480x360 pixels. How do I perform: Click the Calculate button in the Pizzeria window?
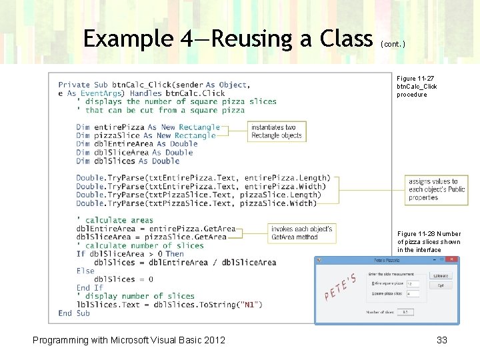[x=441, y=275]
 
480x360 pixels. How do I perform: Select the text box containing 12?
[x=413, y=283]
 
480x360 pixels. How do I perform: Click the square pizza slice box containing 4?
[x=413, y=293]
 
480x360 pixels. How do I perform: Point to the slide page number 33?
[x=441, y=340]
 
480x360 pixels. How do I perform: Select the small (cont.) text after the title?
[x=392, y=43]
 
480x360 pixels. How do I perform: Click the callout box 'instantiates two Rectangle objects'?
[x=277, y=131]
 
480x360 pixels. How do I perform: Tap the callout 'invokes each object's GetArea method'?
[x=302, y=233]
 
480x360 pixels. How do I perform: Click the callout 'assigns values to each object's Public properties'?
[x=437, y=189]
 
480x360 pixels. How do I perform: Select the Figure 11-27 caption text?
[x=417, y=87]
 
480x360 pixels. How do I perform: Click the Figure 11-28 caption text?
[x=429, y=242]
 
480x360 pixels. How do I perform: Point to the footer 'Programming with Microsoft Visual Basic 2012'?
[x=129, y=340]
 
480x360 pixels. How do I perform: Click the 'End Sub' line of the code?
[x=74, y=313]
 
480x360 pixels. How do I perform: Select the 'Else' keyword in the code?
[x=85, y=271]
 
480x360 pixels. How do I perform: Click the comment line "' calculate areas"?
[x=115, y=220]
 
